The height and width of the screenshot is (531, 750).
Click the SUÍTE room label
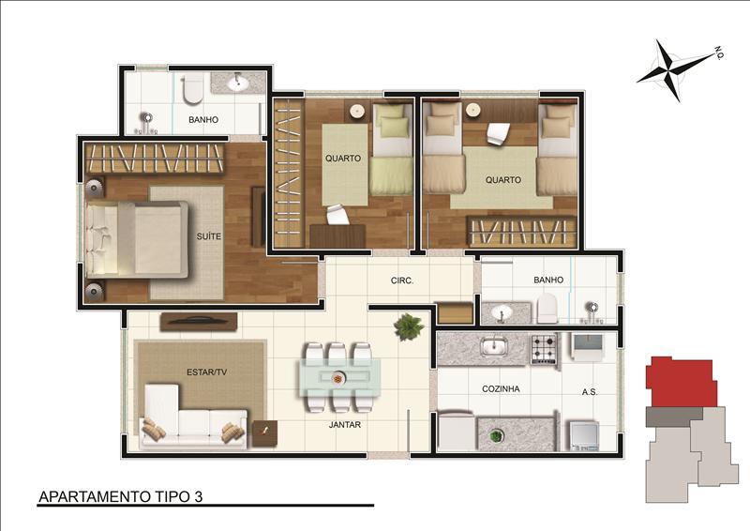[x=209, y=236]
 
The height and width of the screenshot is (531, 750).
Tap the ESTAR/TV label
[x=207, y=372]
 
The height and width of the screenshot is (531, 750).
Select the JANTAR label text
[x=346, y=424]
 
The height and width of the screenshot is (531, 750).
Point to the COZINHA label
[x=502, y=387]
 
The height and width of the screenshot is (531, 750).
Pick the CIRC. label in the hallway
[x=402, y=281]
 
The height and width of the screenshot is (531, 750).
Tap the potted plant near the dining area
[x=409, y=326]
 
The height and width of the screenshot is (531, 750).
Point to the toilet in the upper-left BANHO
[x=193, y=90]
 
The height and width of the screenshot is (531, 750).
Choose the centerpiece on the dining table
[x=337, y=378]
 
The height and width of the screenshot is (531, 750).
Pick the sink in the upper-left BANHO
[x=236, y=84]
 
